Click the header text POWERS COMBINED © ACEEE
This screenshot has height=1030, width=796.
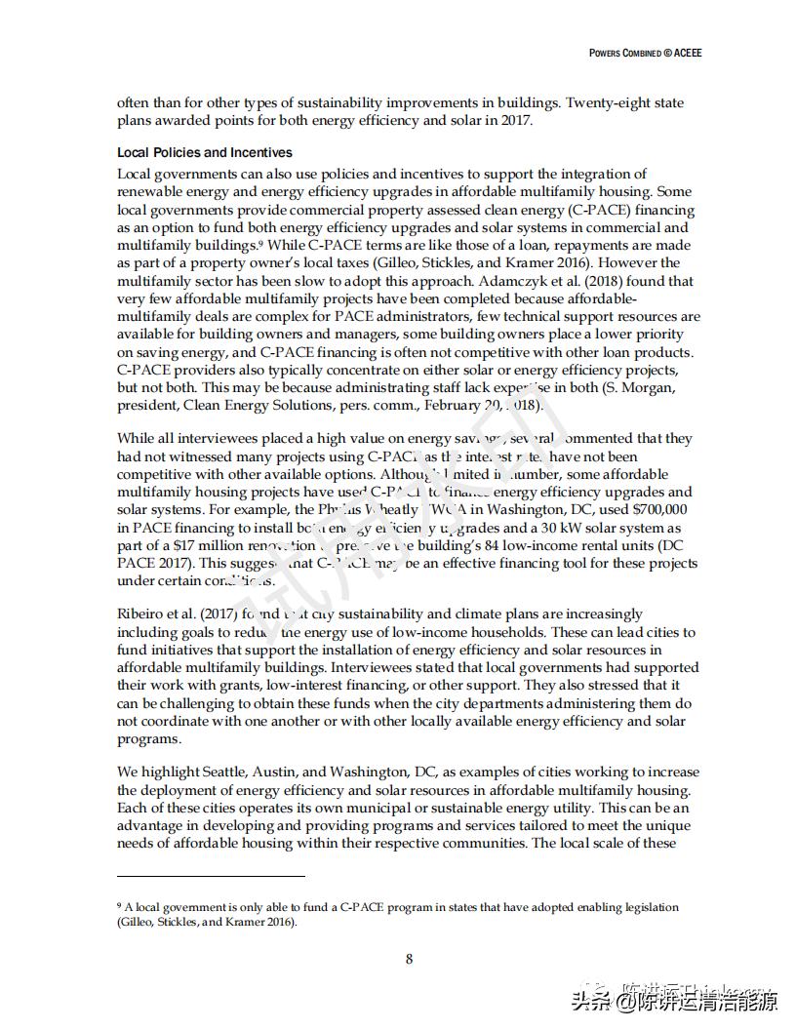645,53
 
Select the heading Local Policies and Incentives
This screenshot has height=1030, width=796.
205,152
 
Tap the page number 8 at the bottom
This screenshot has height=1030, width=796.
409,959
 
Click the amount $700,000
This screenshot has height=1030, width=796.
658,510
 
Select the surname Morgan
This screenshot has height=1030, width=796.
628,387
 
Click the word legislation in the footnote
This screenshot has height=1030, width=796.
651,907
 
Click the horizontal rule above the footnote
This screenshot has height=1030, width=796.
211,876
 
